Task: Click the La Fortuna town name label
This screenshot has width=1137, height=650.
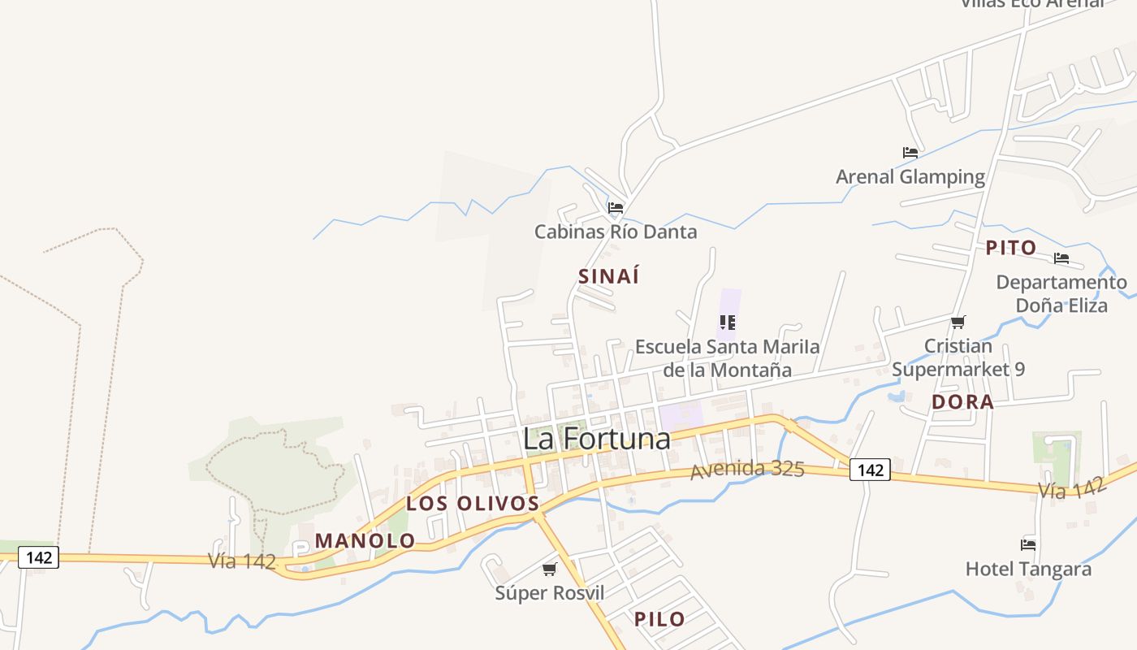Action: (597, 439)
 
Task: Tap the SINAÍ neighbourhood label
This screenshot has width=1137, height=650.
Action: (608, 276)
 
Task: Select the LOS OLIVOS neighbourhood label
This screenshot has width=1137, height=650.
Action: (473, 504)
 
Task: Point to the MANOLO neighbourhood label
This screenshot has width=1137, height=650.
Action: (365, 540)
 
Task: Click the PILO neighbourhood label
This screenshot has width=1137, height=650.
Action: (659, 619)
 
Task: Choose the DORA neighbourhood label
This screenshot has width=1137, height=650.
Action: (962, 402)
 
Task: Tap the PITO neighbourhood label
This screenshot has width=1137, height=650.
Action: (1011, 248)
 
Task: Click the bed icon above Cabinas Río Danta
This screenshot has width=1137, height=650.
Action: (616, 208)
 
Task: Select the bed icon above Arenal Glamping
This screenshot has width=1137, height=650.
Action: (910, 153)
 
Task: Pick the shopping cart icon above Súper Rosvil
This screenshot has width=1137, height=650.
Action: (550, 569)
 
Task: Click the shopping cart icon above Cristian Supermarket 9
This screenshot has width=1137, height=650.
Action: (958, 323)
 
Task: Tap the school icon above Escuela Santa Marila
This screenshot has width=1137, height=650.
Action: (728, 323)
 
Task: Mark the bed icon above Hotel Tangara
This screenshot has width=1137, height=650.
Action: (1028, 545)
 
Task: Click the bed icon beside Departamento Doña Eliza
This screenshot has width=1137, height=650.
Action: (1061, 259)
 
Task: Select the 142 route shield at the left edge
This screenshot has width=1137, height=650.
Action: (39, 557)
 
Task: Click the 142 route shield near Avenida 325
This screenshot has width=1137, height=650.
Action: (870, 470)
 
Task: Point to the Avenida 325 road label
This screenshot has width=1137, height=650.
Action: (747, 470)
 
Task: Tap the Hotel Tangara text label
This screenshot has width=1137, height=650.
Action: (1028, 569)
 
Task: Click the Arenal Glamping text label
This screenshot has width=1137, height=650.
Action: (910, 176)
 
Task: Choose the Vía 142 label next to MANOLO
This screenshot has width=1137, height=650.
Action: (242, 561)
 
